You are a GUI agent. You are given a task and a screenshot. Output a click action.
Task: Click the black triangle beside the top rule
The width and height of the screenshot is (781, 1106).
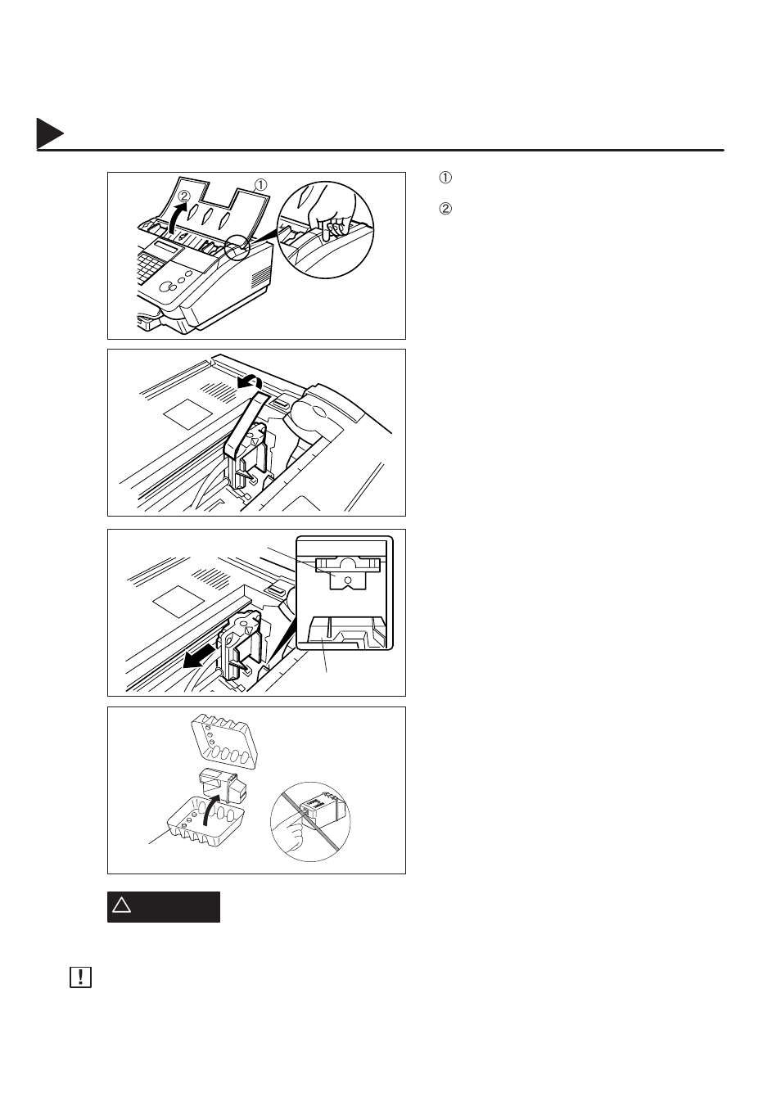pyautogui.click(x=49, y=133)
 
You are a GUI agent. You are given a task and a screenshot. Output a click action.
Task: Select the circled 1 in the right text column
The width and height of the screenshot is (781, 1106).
pyautogui.click(x=445, y=178)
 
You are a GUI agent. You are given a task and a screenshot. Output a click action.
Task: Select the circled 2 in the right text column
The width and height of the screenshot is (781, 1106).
pyautogui.click(x=445, y=209)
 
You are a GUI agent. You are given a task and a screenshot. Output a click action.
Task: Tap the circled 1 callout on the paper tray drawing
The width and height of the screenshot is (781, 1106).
pyautogui.click(x=260, y=185)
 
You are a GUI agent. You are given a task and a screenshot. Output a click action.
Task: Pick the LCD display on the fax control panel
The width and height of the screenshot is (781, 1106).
pyautogui.click(x=166, y=246)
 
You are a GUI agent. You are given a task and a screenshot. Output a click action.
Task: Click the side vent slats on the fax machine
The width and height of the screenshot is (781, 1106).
pyautogui.click(x=260, y=279)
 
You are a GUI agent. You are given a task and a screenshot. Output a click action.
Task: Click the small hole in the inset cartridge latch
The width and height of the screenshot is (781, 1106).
pyautogui.click(x=349, y=579)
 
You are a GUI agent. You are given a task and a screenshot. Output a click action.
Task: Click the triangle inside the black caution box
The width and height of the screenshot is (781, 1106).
pyautogui.click(x=122, y=905)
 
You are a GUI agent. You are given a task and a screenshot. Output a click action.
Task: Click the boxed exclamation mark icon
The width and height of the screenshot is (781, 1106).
pyautogui.click(x=80, y=977)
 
